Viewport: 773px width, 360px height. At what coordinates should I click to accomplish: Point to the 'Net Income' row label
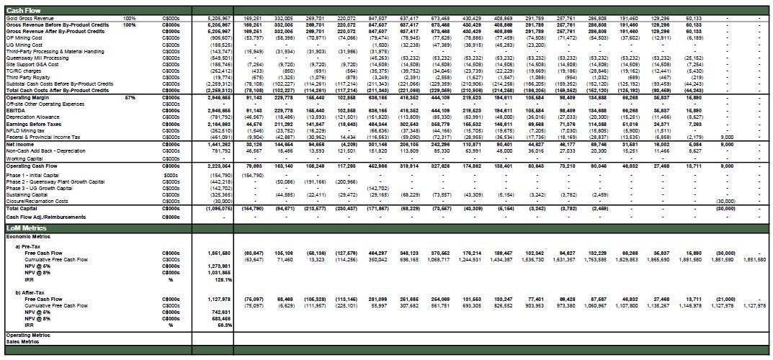(x=20, y=143)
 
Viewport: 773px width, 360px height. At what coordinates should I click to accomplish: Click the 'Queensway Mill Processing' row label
(x=37, y=58)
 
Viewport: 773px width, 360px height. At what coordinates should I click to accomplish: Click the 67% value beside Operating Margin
(x=130, y=96)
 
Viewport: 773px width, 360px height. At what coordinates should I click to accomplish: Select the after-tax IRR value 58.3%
(x=223, y=325)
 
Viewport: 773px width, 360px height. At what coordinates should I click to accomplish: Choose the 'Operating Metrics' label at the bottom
(x=27, y=335)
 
